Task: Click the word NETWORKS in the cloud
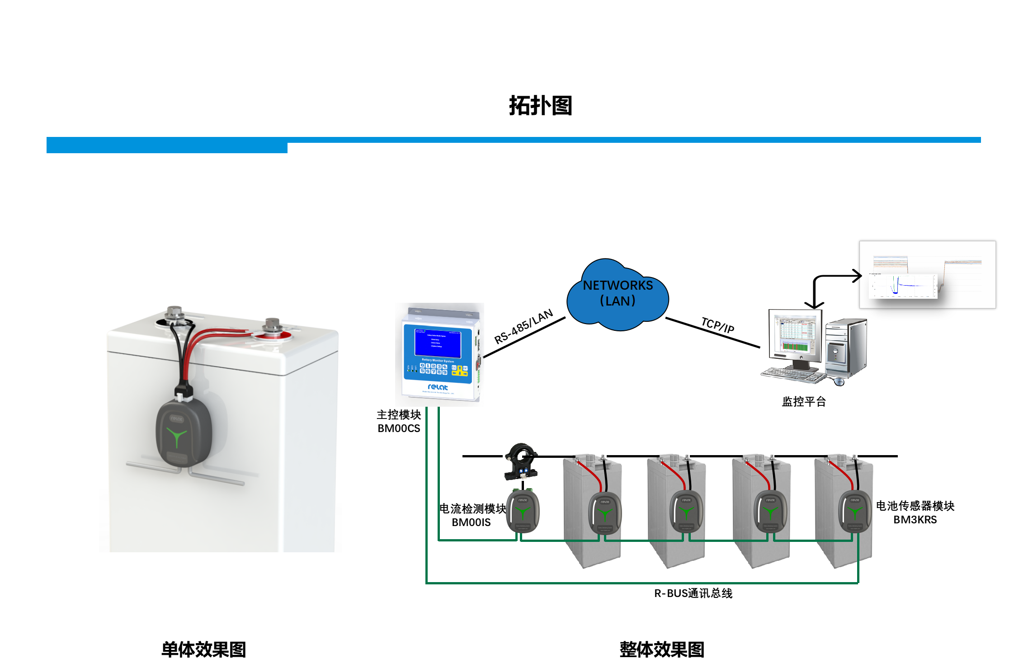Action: coord(618,285)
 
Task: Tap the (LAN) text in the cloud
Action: coord(618,301)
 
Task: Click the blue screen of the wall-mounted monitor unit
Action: coord(438,341)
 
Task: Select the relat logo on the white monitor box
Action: coord(438,387)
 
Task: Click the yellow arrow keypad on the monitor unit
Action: coord(460,371)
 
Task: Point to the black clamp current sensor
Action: coord(521,461)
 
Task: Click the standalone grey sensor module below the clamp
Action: coord(523,512)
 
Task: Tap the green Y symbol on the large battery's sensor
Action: coord(176,436)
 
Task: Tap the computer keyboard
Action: coord(791,375)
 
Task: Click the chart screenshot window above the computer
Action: coord(927,275)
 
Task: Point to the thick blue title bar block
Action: coord(167,146)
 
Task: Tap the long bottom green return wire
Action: coord(642,583)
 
